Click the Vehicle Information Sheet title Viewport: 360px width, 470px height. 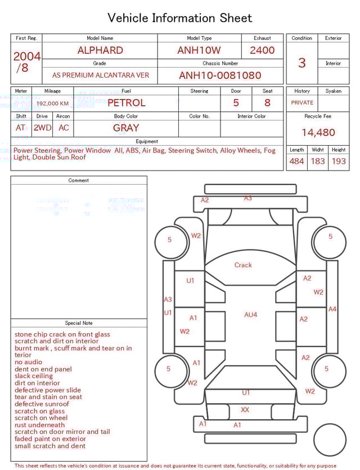point(180,18)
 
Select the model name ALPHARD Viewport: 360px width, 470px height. point(100,50)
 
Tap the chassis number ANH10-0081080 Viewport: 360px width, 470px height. point(220,75)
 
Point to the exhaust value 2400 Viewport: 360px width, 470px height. point(262,50)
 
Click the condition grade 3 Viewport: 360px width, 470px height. point(302,62)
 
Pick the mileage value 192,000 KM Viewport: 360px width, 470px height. point(53,104)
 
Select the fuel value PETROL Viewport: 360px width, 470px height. point(126,103)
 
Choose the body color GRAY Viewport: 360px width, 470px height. point(126,128)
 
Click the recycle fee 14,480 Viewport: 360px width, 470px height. point(318,133)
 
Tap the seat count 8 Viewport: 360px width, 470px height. point(267,103)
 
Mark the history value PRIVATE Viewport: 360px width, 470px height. point(302,103)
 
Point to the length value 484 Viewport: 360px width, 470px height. point(296,162)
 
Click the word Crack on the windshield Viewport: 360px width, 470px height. point(243,265)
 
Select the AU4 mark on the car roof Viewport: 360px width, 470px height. point(250,315)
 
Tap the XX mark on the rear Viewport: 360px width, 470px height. point(245,410)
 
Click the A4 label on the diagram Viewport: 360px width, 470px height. point(332,309)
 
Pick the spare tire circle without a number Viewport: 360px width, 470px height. point(330,440)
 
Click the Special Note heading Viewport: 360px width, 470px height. point(79,323)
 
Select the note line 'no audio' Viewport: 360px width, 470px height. point(28,362)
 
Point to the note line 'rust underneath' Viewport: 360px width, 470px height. point(39,425)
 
